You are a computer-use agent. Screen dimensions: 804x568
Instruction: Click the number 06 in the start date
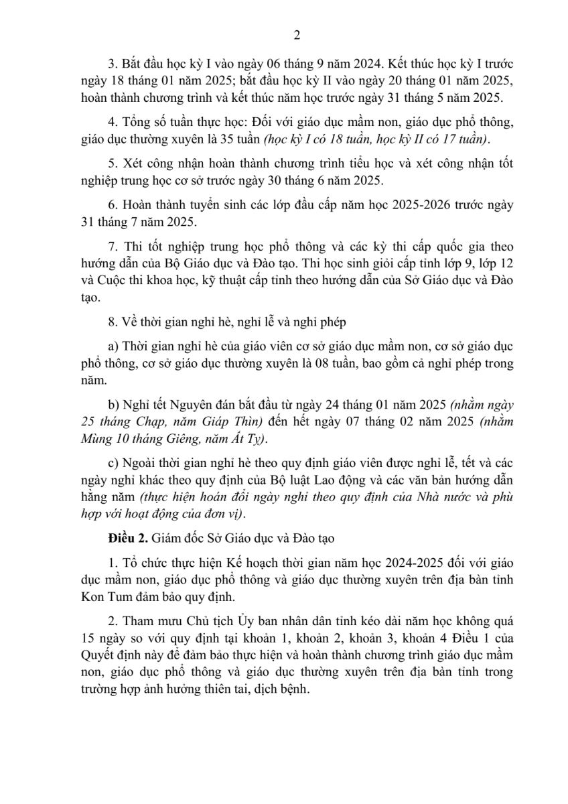point(275,65)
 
